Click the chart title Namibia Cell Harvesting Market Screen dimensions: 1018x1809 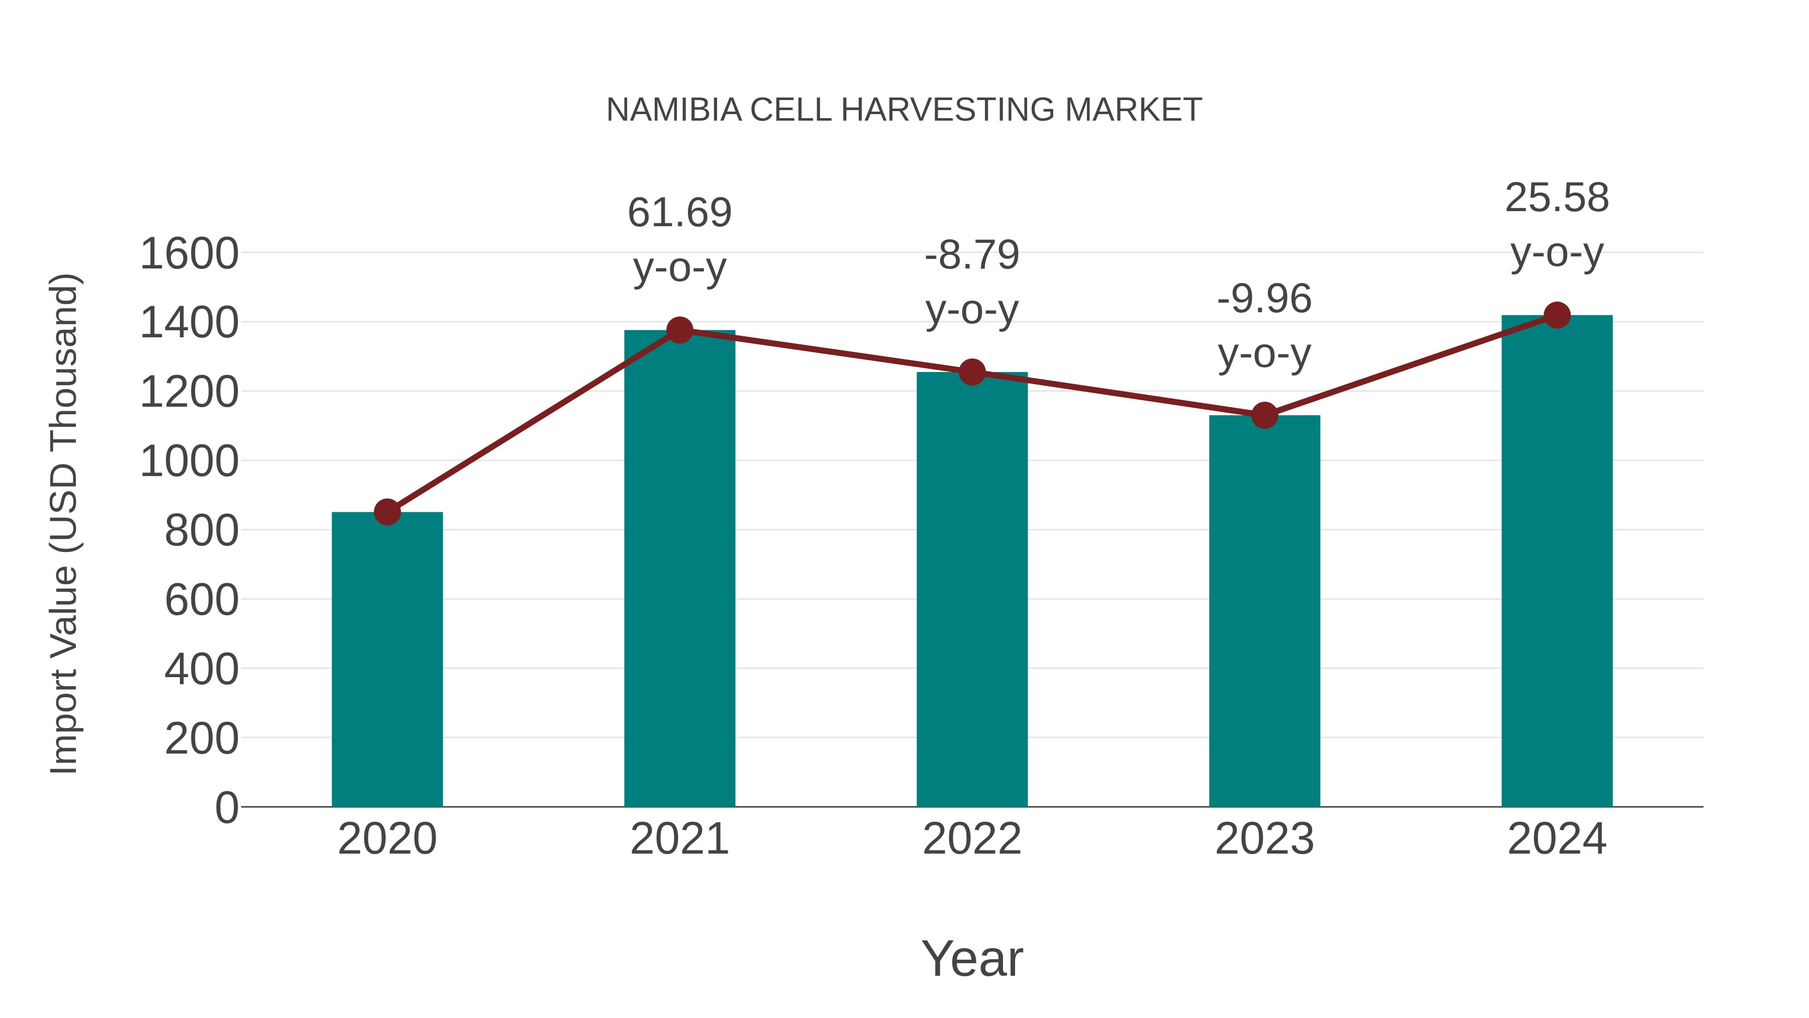click(904, 110)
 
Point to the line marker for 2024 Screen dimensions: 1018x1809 click(1557, 315)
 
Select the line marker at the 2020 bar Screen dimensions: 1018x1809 click(387, 512)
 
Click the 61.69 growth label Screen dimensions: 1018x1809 click(679, 213)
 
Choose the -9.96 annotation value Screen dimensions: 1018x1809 click(1264, 299)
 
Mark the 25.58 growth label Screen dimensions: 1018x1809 click(1557, 198)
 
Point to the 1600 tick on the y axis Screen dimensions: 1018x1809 click(189, 254)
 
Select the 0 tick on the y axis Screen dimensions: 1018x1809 click(226, 807)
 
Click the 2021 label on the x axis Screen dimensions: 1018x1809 click(679, 839)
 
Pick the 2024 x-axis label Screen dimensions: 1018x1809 click(1557, 839)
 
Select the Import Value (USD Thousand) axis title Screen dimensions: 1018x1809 click(64, 523)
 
